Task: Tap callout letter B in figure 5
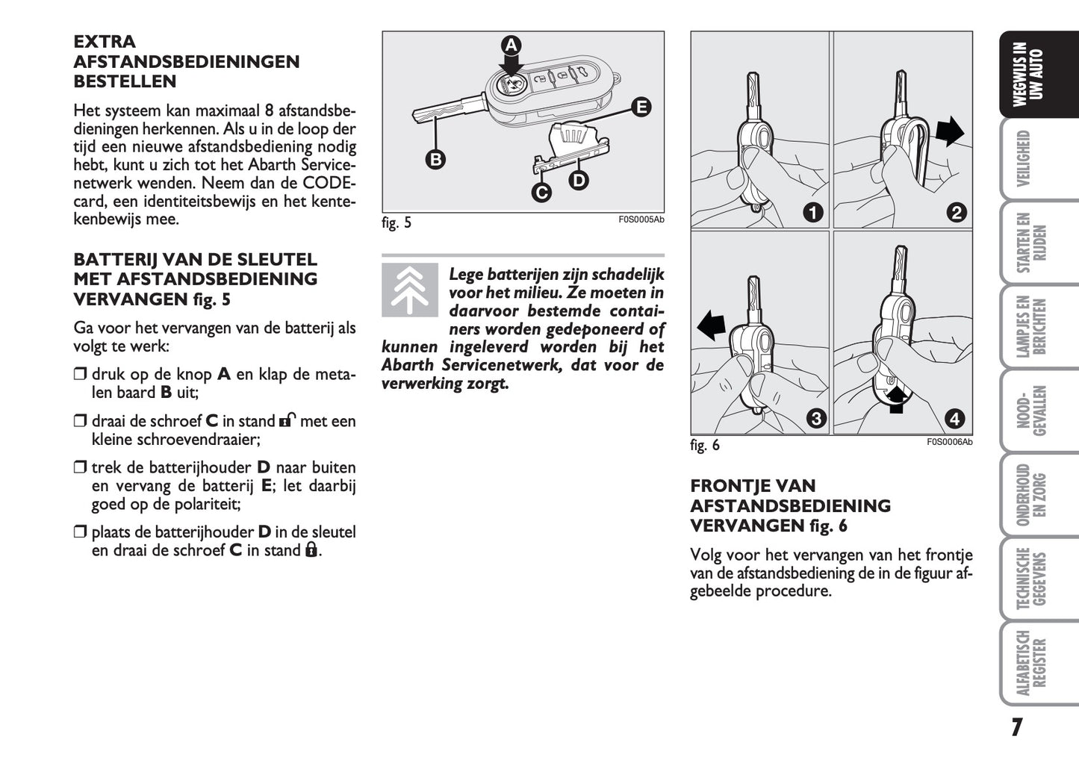435,158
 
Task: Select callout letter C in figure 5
541,193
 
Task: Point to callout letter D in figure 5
579,180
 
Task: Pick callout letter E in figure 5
641,107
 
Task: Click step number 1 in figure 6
812,213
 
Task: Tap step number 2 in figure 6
956,213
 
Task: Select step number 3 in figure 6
815,419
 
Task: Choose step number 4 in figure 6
955,419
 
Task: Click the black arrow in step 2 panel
949,133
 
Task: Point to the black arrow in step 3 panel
712,326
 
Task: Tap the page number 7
1016,727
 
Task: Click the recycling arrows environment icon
410,290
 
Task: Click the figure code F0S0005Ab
641,219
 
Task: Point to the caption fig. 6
705,446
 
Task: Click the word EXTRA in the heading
105,42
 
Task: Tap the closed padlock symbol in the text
311,550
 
